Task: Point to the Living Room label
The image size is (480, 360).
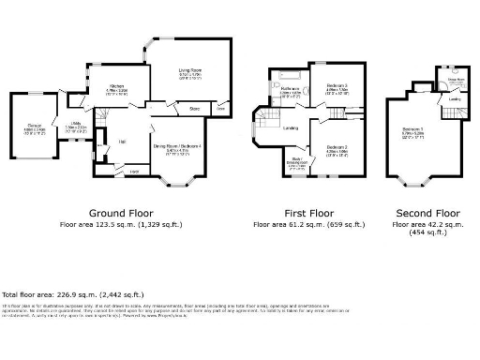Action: point(191,68)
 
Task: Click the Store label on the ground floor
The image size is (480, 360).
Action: point(194,109)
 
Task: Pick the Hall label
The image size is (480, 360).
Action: point(123,142)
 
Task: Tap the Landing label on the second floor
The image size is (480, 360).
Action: point(454,97)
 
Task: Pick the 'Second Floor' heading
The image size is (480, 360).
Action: point(427,213)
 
